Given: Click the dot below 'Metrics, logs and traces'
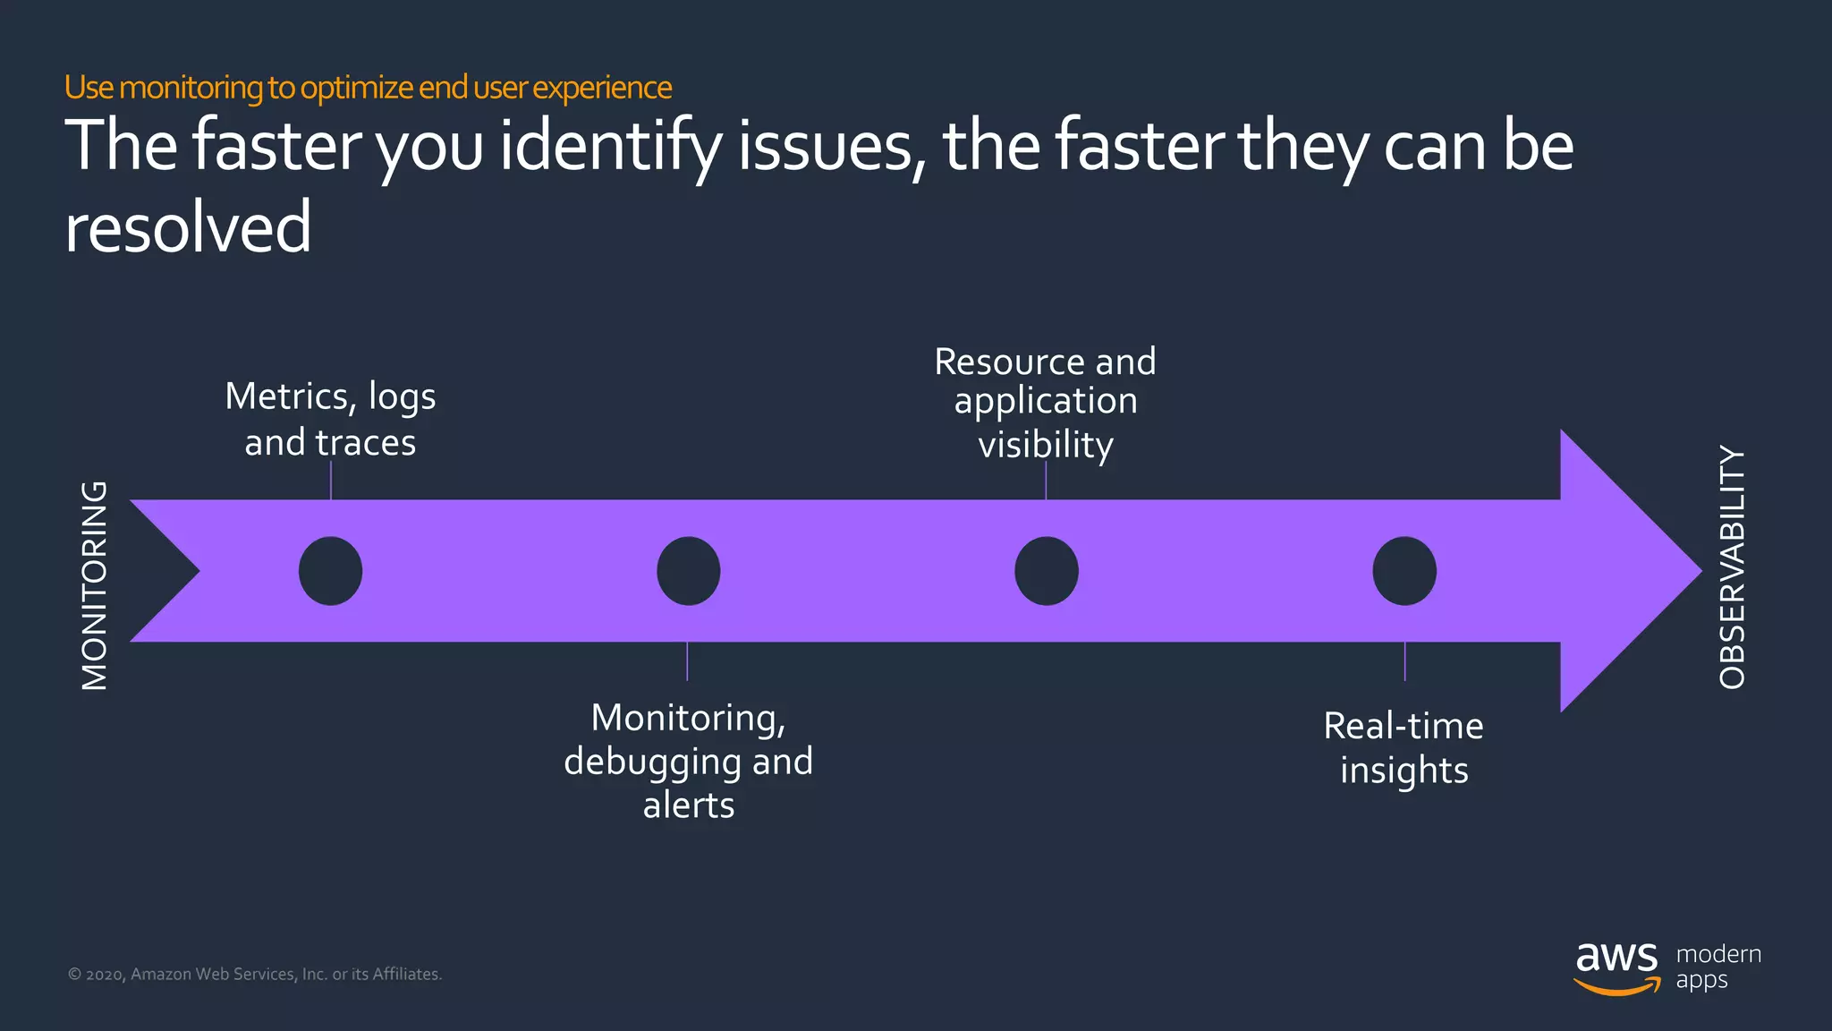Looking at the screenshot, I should [x=330, y=571].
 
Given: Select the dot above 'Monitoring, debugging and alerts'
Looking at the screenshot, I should [x=688, y=571].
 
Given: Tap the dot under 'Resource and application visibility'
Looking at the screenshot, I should [x=1046, y=571].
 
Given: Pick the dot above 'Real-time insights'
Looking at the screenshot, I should [x=1404, y=571].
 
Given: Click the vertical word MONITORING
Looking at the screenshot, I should [x=94, y=585].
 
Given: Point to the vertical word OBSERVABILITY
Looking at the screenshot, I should [x=1732, y=567].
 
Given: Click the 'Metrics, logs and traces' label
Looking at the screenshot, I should [x=330, y=419].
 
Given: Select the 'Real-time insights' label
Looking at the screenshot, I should [x=1404, y=747].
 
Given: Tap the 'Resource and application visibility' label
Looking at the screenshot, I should [x=1045, y=403].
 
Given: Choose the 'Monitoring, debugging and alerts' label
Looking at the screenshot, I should [x=688, y=761].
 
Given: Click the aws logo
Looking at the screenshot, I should [x=1616, y=967].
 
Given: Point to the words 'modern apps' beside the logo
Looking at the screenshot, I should [x=1717, y=967].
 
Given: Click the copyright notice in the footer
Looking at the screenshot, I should [x=255, y=974].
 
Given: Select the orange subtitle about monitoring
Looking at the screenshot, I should [x=368, y=88].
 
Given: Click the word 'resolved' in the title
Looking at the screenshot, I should [x=188, y=227].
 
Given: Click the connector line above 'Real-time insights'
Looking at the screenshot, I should [x=1404, y=661].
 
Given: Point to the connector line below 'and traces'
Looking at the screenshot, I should [x=331, y=481].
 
